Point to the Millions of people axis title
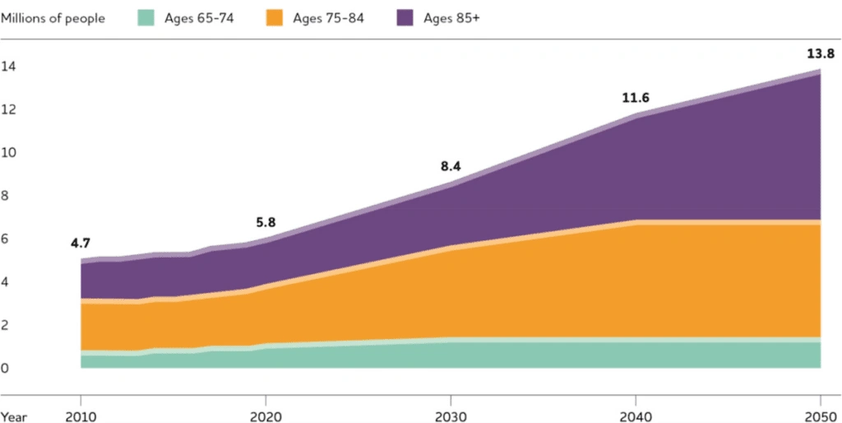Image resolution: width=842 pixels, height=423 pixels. coord(53,18)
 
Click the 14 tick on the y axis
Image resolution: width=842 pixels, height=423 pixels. coord(7,67)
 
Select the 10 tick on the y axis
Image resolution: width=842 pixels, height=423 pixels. coord(7,153)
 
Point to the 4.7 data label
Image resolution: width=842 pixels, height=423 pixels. coord(81,243)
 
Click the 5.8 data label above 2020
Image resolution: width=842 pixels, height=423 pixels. coord(265,221)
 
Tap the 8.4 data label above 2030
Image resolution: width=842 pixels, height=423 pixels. coord(450,166)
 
